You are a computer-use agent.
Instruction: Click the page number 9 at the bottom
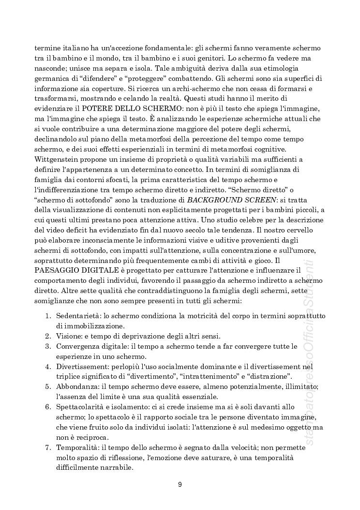[x=180, y=484]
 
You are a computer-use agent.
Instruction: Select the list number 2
[x=48, y=336]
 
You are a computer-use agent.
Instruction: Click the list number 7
[x=48, y=448]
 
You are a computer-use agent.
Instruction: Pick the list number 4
[x=48, y=367]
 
